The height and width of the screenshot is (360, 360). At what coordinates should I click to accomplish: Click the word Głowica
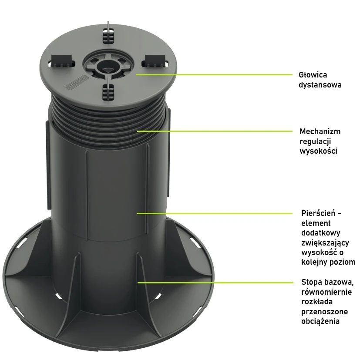(x=313, y=75)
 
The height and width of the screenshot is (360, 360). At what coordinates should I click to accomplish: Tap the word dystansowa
(x=320, y=85)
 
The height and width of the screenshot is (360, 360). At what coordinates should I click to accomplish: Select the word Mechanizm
(x=320, y=131)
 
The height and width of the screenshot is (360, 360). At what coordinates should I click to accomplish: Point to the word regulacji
(x=315, y=141)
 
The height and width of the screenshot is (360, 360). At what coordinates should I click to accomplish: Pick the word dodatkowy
(x=321, y=233)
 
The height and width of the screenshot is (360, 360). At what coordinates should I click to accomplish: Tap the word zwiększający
(x=325, y=243)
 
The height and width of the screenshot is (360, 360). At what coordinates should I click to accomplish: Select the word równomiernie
(x=326, y=292)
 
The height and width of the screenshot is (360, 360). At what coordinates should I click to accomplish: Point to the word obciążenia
(x=320, y=321)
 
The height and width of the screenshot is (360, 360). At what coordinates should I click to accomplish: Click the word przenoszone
(x=324, y=312)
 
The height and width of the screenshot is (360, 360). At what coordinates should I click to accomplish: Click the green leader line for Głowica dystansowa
(x=214, y=74)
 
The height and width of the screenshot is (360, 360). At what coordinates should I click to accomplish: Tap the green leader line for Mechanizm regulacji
(x=215, y=131)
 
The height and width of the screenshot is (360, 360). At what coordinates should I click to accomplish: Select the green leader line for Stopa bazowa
(x=215, y=283)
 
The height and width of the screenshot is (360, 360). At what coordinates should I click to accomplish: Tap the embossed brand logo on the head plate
(x=77, y=82)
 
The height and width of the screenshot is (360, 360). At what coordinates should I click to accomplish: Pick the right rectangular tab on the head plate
(x=155, y=61)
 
